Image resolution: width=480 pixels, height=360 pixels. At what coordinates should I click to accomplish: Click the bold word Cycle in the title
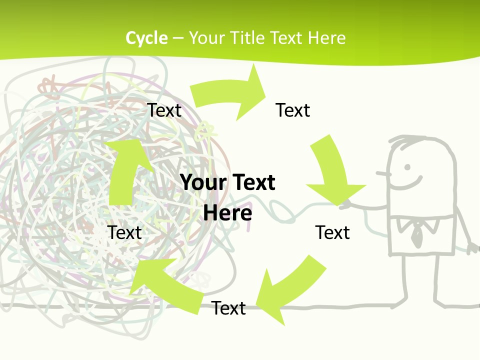pos(146,38)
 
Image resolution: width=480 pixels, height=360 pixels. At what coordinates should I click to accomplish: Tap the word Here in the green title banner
pos(326,38)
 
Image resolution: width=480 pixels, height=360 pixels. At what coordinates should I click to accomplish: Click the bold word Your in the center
pos(202,182)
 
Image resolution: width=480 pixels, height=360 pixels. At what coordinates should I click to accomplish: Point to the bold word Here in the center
pos(227,213)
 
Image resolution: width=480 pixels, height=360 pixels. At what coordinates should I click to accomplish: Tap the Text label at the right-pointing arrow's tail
pos(164,110)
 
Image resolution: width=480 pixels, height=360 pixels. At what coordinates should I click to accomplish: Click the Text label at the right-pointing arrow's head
pos(293,110)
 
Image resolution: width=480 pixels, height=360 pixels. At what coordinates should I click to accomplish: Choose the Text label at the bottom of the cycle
pos(228,308)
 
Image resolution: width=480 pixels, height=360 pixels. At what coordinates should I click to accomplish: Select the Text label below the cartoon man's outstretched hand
pos(332,232)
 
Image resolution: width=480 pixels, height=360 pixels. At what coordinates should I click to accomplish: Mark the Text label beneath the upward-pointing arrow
pos(124,232)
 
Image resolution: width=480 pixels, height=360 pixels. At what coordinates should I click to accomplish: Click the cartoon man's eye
pos(407,167)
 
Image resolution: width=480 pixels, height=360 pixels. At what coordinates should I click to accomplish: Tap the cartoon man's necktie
pos(416,233)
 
